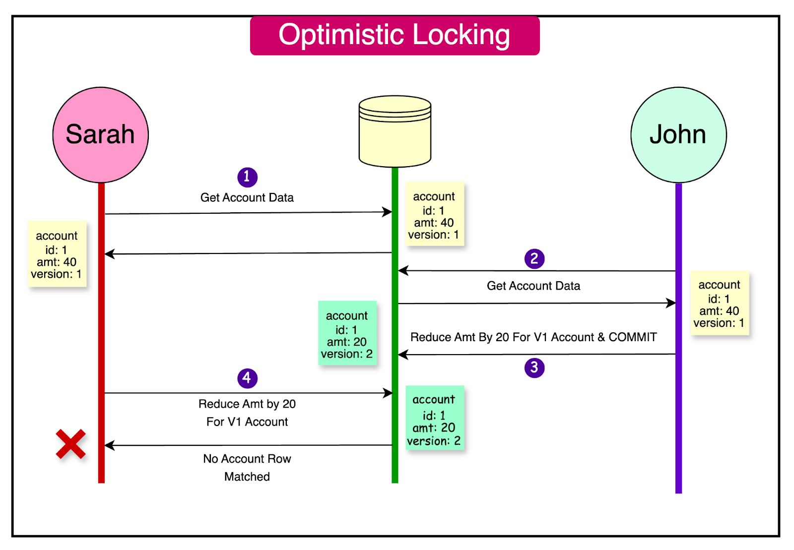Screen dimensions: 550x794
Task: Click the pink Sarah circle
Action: point(100,135)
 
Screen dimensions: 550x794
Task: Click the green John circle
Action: point(678,135)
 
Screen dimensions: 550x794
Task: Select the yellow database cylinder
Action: point(395,132)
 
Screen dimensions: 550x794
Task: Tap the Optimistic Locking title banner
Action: point(395,35)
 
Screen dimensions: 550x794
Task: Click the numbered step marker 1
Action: point(247,177)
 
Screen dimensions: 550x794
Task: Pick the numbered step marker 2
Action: point(534,258)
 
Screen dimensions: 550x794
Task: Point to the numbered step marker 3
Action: point(534,367)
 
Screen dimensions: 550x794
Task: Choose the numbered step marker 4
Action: point(247,378)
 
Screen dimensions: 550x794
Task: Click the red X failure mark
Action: point(70,444)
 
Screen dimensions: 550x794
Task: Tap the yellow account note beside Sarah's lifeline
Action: point(57,254)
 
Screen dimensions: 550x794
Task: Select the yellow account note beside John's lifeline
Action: point(719,304)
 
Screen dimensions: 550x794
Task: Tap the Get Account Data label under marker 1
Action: point(247,197)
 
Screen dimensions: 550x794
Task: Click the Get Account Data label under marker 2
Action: point(533,286)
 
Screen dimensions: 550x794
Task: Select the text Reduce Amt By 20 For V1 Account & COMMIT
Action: point(533,337)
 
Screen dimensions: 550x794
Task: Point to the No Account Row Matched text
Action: point(247,467)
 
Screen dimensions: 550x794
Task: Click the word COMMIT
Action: point(633,337)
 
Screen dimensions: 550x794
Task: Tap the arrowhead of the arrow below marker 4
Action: point(388,393)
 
